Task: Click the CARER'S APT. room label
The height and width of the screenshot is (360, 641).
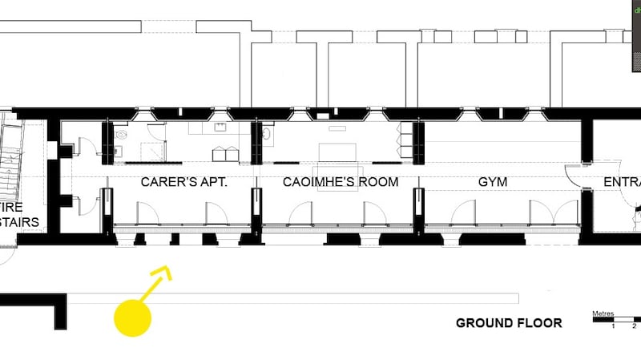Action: (x=184, y=182)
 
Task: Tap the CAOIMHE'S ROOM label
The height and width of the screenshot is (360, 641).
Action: (x=340, y=182)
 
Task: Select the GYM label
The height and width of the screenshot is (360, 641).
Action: (x=493, y=182)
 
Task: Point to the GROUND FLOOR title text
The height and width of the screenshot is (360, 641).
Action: (x=509, y=323)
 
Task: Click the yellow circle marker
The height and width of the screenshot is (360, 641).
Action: (x=132, y=318)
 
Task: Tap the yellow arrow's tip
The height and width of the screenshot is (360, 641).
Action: (x=169, y=270)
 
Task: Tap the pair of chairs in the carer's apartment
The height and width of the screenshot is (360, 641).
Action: (x=224, y=153)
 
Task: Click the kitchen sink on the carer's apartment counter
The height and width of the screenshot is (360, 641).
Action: (x=220, y=127)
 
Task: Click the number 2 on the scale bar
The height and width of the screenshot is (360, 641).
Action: (x=634, y=326)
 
